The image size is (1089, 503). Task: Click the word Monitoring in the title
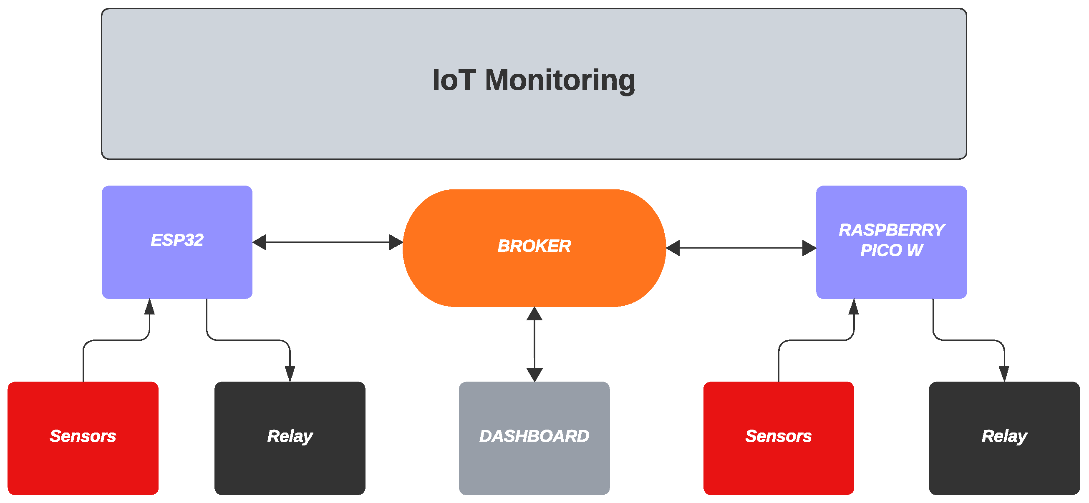560,80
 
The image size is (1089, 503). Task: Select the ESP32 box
177,242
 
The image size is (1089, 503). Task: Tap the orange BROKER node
534,248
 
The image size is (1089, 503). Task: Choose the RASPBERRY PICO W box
891,242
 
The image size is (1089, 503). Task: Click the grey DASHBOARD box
534,438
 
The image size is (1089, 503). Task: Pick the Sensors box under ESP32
83,438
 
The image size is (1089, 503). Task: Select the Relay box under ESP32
290,438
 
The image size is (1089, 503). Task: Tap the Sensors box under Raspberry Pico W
778,438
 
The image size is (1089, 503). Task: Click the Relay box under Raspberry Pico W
1004,438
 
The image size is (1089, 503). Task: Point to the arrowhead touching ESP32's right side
260,242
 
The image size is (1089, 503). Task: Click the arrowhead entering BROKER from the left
396,242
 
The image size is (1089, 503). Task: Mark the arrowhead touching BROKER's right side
673,248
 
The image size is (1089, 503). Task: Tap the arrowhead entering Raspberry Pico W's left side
809,248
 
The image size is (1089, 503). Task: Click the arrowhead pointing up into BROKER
534,314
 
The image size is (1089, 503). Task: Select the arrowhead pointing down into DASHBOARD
534,375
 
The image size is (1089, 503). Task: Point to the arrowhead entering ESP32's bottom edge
149,307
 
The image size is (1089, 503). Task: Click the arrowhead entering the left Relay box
290,374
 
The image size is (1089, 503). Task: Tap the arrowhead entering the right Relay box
1004,374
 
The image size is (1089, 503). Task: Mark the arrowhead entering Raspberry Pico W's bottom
854,307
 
